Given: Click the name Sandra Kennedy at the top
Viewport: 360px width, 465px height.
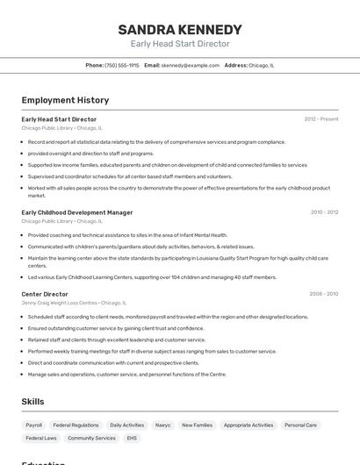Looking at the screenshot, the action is [x=179, y=29].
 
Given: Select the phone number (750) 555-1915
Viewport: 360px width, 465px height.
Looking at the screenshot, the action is [x=121, y=65].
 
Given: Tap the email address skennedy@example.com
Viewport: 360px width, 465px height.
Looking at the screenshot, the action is [x=190, y=65].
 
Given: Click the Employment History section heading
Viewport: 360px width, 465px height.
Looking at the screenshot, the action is [x=65, y=100].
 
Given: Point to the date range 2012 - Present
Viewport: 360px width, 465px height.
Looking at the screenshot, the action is [x=320, y=119].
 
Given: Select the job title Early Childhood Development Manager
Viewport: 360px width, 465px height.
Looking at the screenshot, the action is [x=77, y=212].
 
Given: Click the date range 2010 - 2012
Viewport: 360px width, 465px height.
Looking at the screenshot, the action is [x=324, y=212].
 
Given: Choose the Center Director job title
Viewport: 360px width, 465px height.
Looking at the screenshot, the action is [x=45, y=294].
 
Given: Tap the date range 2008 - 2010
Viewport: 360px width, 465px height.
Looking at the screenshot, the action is [x=324, y=294].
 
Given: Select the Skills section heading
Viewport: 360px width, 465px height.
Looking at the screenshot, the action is [x=33, y=402].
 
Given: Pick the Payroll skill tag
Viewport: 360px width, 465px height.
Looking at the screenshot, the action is [x=33, y=425].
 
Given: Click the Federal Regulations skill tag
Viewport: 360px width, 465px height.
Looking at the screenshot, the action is [x=76, y=425].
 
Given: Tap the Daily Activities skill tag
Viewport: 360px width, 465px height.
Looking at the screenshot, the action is [x=127, y=425].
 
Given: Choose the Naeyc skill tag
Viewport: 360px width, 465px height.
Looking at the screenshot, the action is [x=162, y=425].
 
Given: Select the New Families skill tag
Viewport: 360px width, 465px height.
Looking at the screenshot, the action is [x=197, y=425].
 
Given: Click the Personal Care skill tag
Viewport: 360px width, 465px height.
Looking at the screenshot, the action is [x=300, y=425].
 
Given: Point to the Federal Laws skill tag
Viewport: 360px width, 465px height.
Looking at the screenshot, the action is [x=40, y=438].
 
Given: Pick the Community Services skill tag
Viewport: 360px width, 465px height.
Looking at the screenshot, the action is [x=91, y=438].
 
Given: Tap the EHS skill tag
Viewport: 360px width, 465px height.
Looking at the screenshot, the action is [x=132, y=438].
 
